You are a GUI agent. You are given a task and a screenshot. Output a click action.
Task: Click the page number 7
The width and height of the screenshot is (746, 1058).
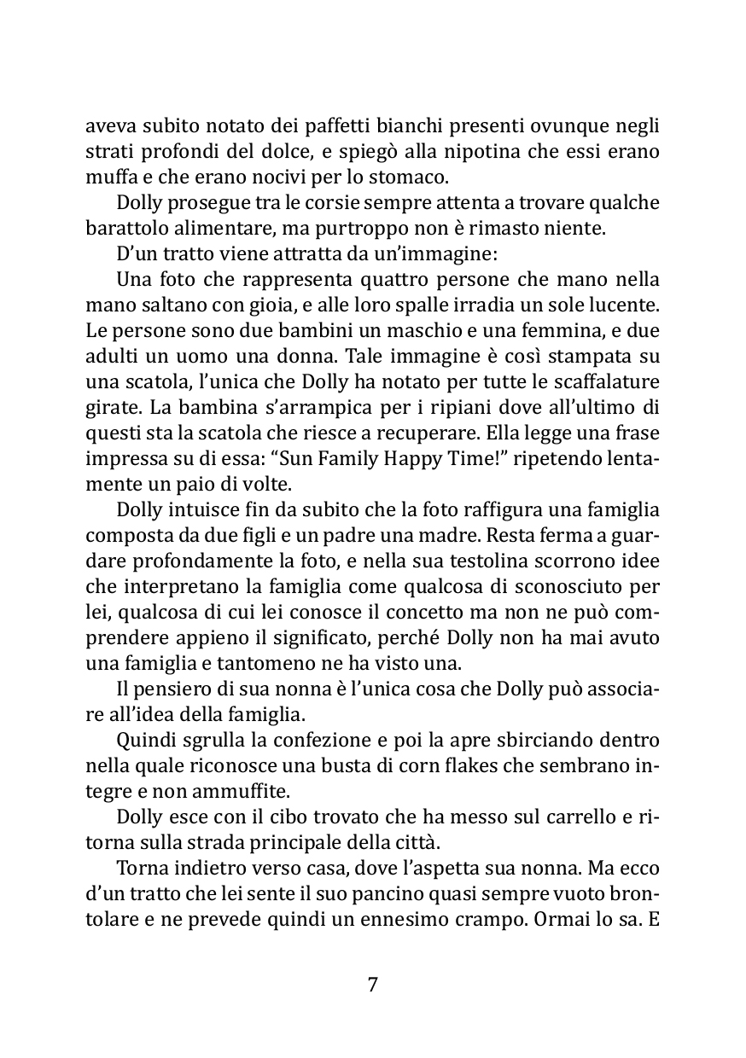[x=372, y=985]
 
